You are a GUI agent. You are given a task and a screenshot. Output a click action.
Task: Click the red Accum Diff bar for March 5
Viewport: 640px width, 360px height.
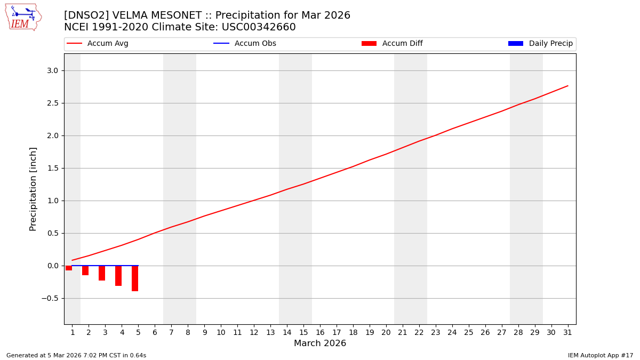point(135,278)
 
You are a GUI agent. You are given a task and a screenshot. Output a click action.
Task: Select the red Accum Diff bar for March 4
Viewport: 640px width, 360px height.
point(118,276)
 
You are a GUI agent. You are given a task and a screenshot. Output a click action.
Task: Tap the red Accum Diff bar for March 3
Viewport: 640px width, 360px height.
point(102,273)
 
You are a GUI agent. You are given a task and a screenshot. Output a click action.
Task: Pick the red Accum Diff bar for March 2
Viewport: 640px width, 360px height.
point(85,270)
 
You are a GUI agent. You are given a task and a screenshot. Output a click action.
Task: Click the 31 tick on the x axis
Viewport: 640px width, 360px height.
point(567,332)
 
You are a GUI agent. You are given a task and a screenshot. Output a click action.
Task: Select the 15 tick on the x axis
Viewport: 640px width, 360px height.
point(303,332)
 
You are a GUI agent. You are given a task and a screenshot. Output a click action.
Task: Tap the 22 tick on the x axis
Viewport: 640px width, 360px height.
point(419,332)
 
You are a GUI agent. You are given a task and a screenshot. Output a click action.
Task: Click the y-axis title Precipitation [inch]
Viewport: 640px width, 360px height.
point(33,189)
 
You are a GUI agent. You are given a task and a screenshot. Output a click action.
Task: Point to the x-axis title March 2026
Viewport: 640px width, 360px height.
point(320,343)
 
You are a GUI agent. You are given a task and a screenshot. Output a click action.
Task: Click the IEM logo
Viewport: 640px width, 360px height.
point(23,17)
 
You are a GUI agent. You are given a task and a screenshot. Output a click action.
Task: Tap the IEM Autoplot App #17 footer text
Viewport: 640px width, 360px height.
point(601,355)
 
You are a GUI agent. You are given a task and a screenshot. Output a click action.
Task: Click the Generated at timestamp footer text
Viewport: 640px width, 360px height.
point(76,355)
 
